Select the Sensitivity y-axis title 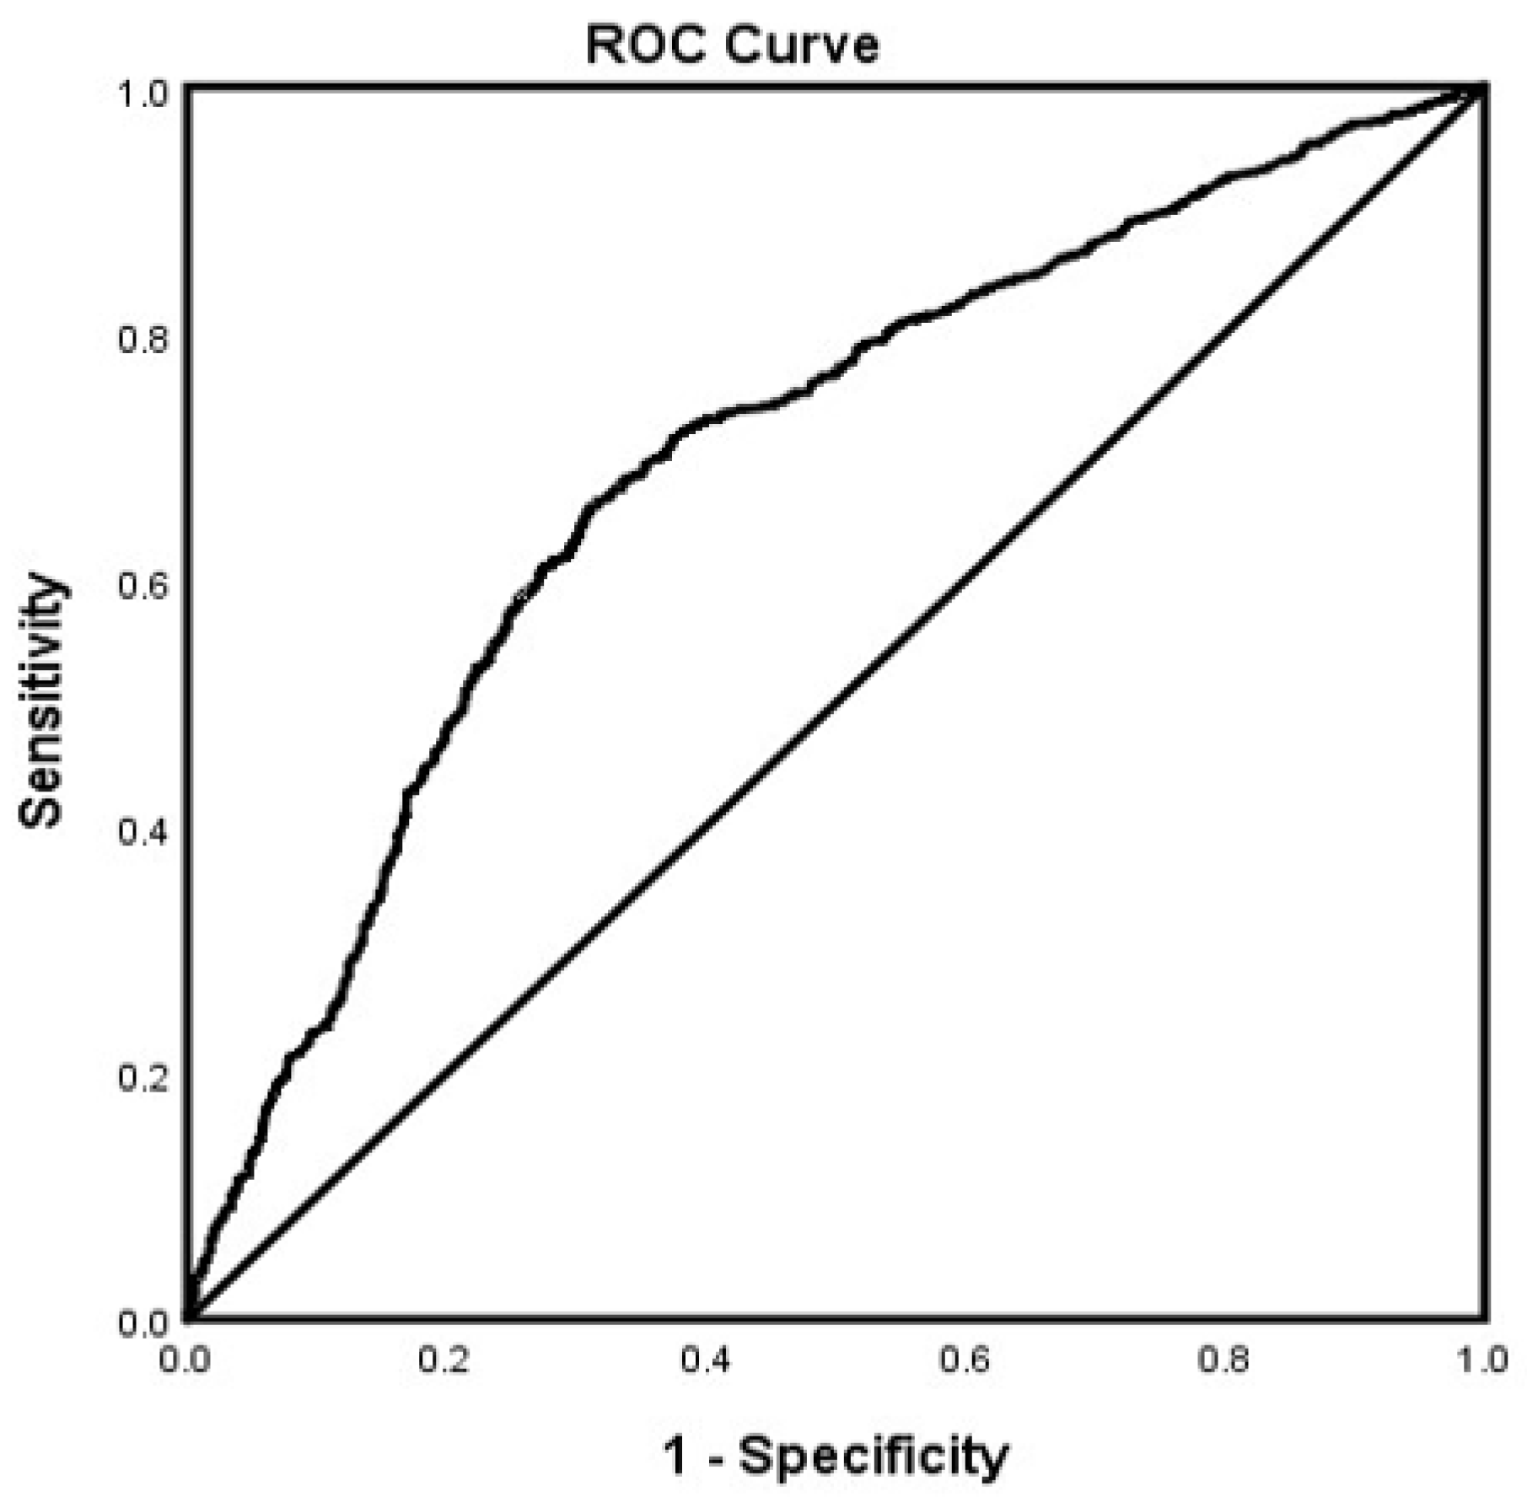click(40, 700)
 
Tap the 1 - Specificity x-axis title click(836, 1456)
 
